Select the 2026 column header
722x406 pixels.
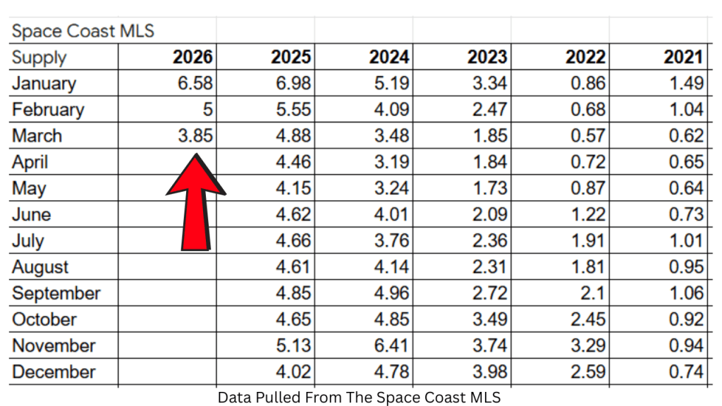[x=192, y=57]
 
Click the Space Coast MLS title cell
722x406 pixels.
[x=82, y=32]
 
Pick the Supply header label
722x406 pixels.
[x=39, y=58]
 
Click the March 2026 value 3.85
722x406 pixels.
[x=195, y=136]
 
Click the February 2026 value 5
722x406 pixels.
[x=207, y=110]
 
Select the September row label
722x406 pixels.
[x=56, y=293]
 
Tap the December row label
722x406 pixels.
[x=54, y=372]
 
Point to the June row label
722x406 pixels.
[x=32, y=215]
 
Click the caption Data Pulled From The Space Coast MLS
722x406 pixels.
[x=359, y=398]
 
